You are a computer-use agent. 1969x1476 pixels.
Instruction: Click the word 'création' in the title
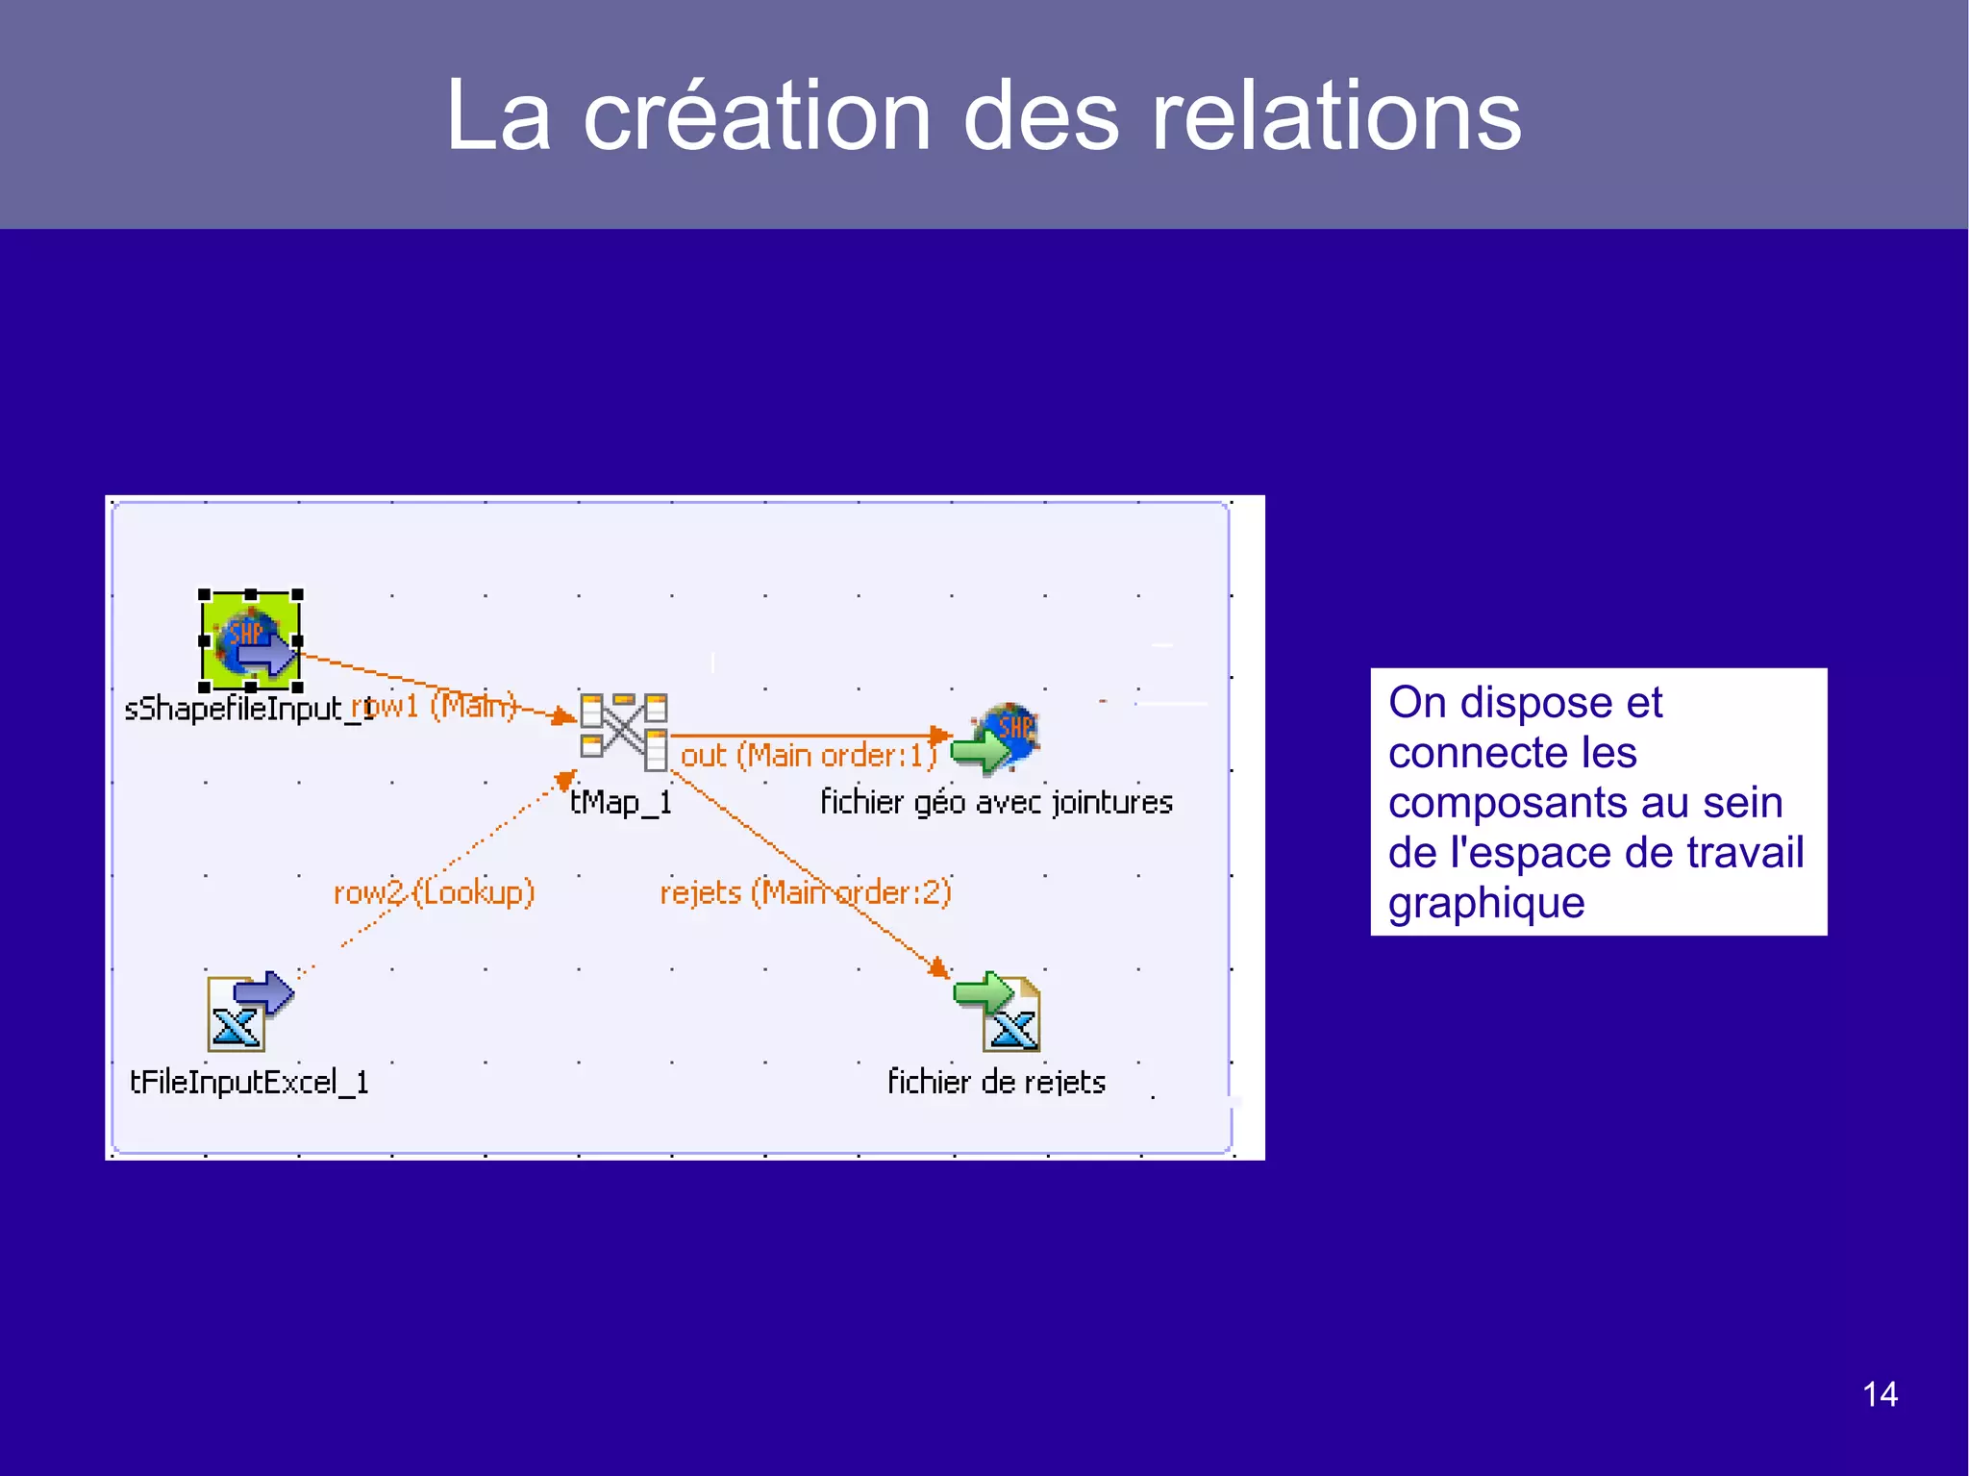coord(757,117)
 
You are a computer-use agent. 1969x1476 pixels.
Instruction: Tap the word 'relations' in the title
coord(1335,117)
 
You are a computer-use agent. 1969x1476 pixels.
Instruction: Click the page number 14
coord(1880,1394)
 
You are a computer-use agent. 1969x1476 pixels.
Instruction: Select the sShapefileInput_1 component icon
coord(251,640)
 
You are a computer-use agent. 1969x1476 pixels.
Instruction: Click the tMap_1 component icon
coord(624,731)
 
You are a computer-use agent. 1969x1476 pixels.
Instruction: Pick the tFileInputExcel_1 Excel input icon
coord(248,1013)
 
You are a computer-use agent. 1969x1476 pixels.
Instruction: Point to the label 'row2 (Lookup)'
coord(434,892)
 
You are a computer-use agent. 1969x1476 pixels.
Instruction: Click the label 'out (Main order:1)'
coord(808,756)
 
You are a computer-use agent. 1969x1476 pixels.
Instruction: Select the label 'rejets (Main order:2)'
coord(805,892)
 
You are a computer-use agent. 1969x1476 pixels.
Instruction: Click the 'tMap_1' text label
coord(620,802)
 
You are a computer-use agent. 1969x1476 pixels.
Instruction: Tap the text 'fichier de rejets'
coord(996,1082)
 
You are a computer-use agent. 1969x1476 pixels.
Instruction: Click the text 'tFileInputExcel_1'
coord(249,1082)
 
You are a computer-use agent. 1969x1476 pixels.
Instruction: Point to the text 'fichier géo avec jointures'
coord(996,802)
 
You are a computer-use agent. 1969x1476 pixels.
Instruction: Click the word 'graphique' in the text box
coord(1485,904)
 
